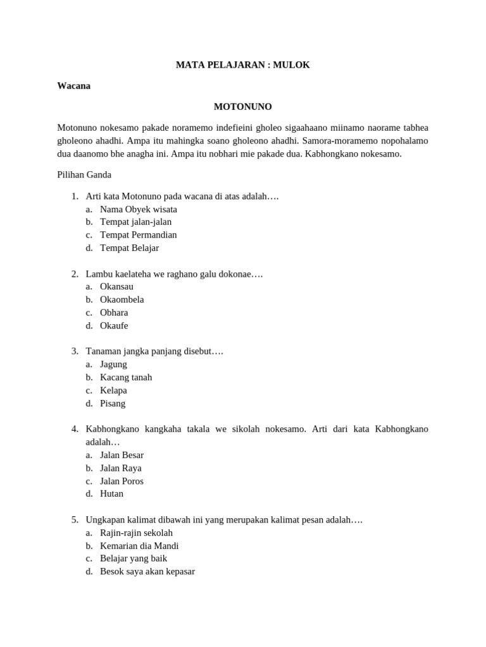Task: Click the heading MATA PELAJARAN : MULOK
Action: pos(243,65)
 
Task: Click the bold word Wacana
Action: pos(73,86)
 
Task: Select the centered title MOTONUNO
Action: pos(243,106)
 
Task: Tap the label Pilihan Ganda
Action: pos(84,174)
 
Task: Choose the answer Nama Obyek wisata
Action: pos(139,209)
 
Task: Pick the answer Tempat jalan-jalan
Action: pos(135,222)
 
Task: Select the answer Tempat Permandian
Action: pos(139,235)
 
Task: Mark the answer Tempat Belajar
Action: pos(129,248)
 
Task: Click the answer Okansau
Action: pos(116,286)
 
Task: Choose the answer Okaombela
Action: pos(122,299)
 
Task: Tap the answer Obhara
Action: pos(114,312)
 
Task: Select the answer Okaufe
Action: pos(114,325)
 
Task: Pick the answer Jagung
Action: pos(113,364)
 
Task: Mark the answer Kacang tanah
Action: pos(126,377)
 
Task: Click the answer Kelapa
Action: pos(113,390)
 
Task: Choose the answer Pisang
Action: pos(113,403)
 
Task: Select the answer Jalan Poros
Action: pos(121,481)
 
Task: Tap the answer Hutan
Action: pos(111,493)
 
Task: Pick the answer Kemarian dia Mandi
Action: pos(139,546)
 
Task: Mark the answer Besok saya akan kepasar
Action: pos(147,571)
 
